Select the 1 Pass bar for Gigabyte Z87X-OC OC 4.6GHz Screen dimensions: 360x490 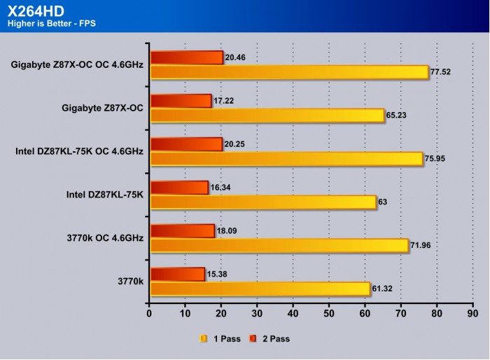[x=288, y=71]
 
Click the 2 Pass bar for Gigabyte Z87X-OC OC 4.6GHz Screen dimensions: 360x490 [x=186, y=57]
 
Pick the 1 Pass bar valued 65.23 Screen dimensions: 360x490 [x=267, y=116]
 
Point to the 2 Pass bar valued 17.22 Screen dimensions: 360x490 [x=181, y=101]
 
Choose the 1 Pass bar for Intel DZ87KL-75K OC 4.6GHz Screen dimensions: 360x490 [x=286, y=159]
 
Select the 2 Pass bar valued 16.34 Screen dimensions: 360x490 [x=179, y=187]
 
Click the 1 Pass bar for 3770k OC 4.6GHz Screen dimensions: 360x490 [x=279, y=245]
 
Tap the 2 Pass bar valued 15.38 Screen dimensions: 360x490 [x=177, y=273]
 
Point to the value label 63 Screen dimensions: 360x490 [x=383, y=202]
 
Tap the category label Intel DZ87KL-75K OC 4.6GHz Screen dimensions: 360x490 [x=79, y=151]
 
